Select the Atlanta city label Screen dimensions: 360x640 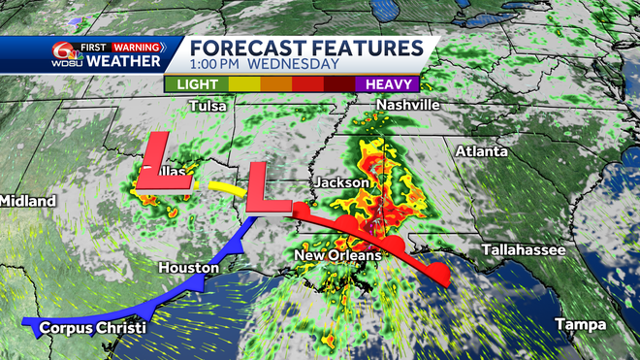[482, 152]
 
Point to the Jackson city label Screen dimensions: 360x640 [341, 182]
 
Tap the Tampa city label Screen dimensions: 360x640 [580, 323]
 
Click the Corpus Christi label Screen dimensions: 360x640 [93, 328]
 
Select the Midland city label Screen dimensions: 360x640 [27, 201]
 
